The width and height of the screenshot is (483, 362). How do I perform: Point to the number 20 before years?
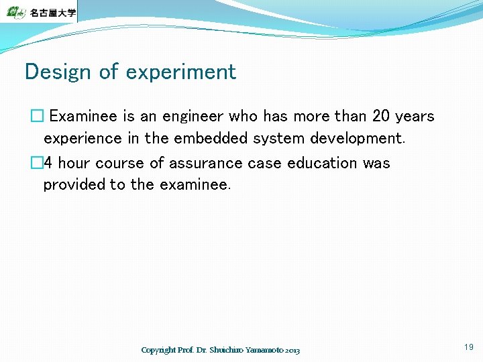[380, 116]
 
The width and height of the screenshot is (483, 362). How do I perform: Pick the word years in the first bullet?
[415, 117]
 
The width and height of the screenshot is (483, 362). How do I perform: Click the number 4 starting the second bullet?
[48, 163]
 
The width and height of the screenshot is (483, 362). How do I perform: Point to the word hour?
[74, 163]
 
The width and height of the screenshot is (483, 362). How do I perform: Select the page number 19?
[468, 347]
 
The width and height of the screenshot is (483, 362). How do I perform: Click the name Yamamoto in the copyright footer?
[265, 350]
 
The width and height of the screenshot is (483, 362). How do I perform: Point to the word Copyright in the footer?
[158, 350]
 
